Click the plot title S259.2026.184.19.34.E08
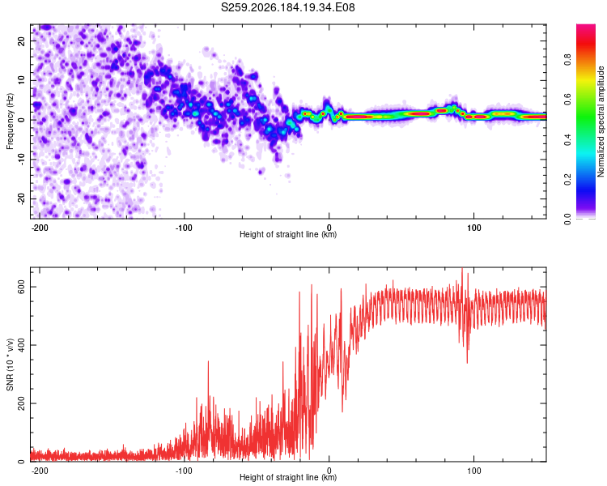287,7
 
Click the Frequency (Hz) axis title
10,122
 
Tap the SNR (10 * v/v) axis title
10,364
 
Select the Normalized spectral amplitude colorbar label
601,122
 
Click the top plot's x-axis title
288,234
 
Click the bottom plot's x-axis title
288,477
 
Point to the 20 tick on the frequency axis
22,41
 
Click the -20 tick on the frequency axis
22,198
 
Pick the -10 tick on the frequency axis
22,160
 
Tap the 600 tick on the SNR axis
22,287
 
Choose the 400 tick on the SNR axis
22,345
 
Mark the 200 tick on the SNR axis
22,403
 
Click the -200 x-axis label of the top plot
40,228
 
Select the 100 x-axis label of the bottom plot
473,471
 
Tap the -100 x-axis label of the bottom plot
184,471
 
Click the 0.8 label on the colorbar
567,60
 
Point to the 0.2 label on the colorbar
567,180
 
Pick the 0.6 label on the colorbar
567,99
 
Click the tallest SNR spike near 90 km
462,269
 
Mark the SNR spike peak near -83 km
208,361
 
